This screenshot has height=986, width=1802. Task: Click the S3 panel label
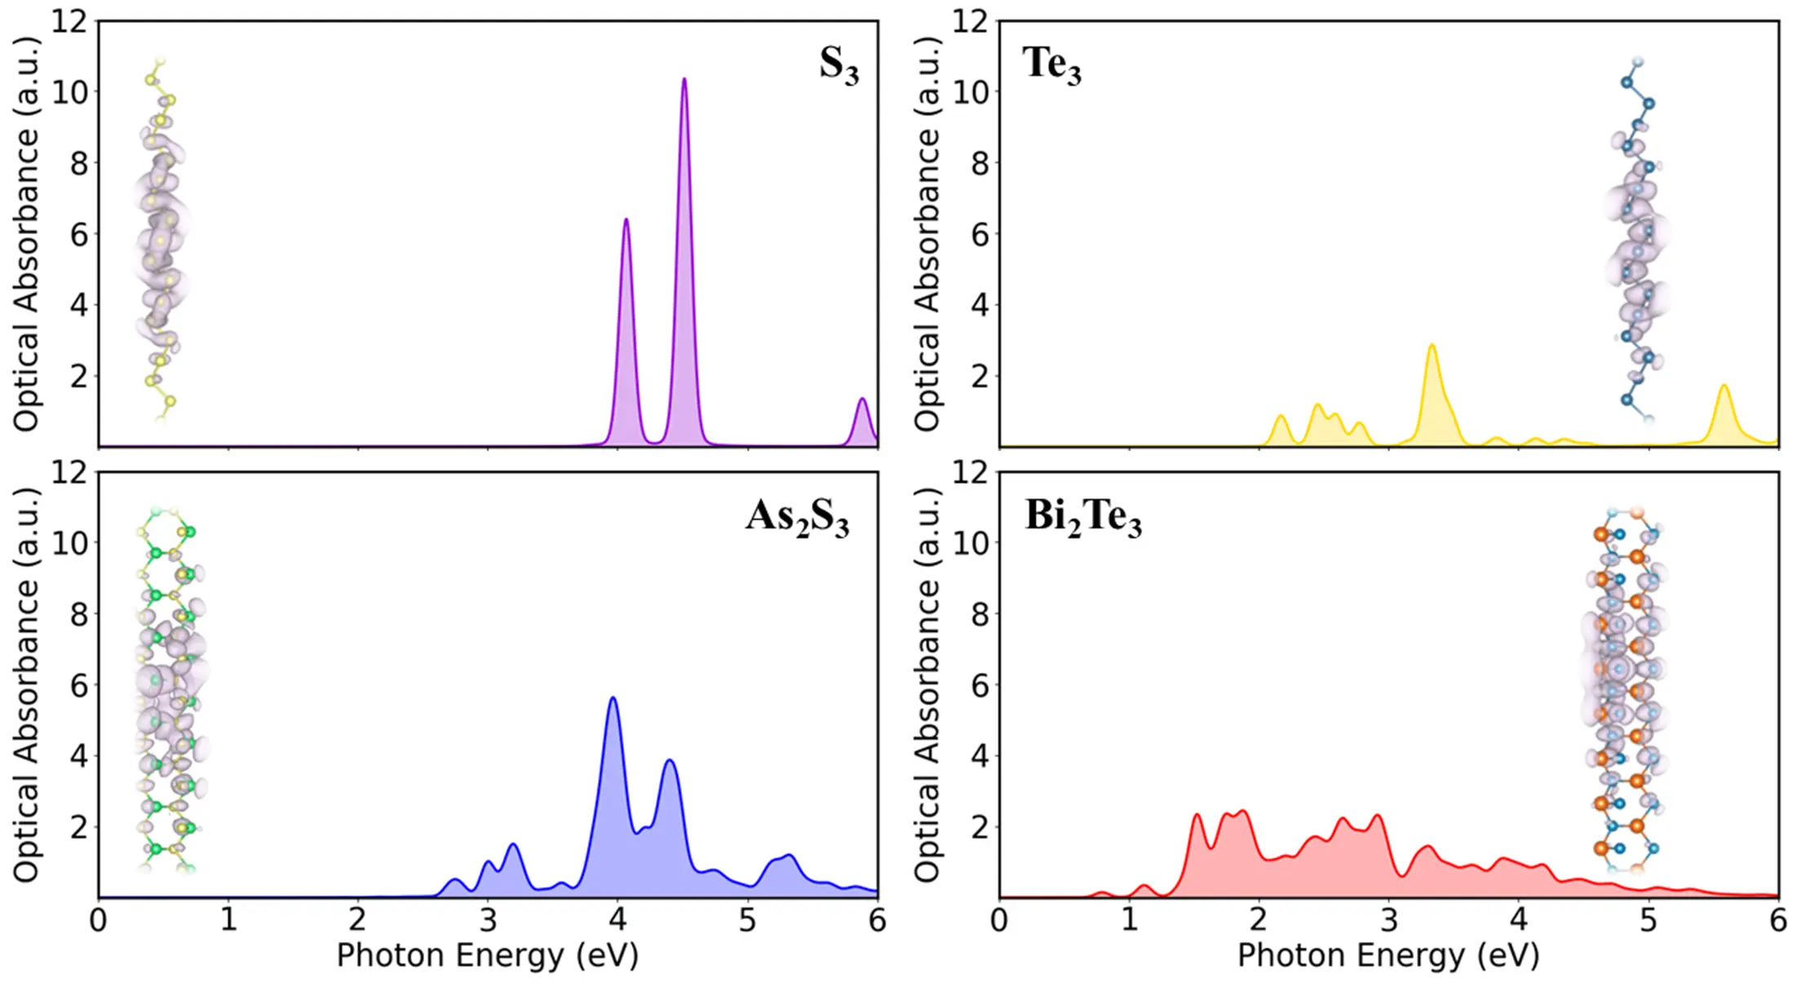tap(839, 64)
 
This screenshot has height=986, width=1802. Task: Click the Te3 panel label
tap(1051, 64)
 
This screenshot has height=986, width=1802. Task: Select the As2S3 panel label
tap(796, 517)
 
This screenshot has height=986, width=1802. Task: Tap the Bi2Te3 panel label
tap(1083, 517)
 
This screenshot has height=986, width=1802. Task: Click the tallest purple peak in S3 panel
tap(684, 80)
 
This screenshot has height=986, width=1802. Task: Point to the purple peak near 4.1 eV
tap(626, 220)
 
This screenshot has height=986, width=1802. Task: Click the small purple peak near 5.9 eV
tap(861, 400)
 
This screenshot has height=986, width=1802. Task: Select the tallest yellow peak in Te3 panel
tap(1432, 346)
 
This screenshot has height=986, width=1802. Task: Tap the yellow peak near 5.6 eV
tap(1724, 387)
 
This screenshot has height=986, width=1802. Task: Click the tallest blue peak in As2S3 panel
tap(613, 699)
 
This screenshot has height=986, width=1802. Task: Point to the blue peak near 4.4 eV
tap(670, 762)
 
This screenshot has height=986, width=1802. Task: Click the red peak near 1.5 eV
tap(1197, 816)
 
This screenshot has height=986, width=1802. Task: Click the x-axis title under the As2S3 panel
tap(487, 955)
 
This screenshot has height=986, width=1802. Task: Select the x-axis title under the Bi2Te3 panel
tap(1388, 955)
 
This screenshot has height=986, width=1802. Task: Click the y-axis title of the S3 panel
tap(26, 234)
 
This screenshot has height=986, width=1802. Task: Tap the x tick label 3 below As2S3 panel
tap(487, 921)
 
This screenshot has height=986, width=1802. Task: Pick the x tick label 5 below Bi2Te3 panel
tap(1648, 921)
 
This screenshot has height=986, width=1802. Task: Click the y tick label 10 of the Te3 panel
tap(970, 92)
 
